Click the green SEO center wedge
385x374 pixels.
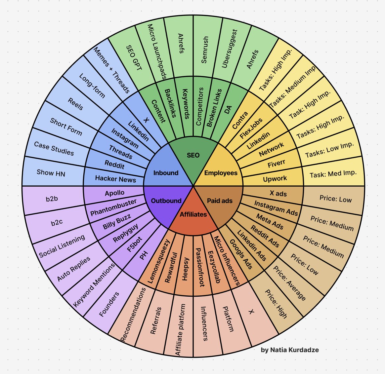tap(193, 155)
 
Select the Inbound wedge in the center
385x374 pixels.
tap(166, 173)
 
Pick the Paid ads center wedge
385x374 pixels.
tap(220, 201)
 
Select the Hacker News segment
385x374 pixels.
tap(115, 179)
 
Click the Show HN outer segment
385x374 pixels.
tap(51, 172)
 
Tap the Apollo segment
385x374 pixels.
tap(114, 193)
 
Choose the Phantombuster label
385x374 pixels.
tap(113, 207)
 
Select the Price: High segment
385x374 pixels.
tap(276, 304)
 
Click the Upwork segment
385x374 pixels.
tap(275, 179)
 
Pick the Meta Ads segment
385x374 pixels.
tap(270, 221)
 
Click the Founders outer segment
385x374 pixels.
tap(109, 304)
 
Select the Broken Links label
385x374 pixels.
tap(214, 108)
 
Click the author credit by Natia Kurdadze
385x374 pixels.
tap(290, 350)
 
